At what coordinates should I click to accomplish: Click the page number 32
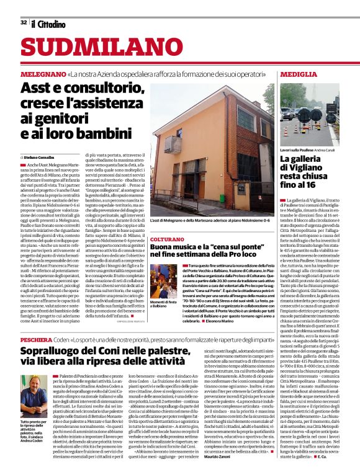[x=23, y=23]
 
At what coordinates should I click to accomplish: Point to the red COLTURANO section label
[x=168, y=238]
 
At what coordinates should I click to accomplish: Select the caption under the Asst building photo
[x=211, y=221]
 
